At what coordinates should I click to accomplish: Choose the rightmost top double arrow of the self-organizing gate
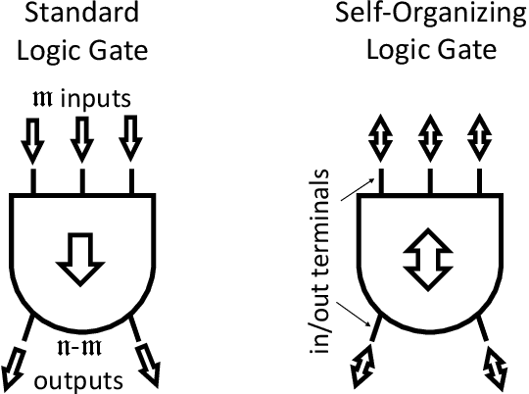(x=478, y=138)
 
